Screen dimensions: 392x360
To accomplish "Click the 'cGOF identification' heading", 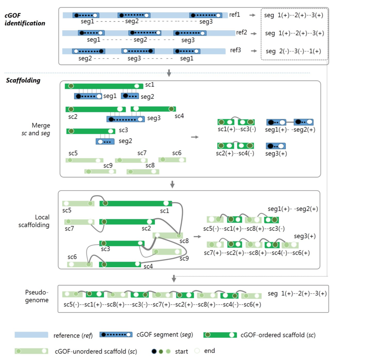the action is (25, 19).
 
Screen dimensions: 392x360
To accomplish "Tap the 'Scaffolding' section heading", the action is (23, 80).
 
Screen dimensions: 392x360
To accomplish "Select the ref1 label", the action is (235, 15).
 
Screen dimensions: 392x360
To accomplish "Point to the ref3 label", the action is (235, 50).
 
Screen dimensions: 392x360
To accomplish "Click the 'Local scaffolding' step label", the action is (34, 221).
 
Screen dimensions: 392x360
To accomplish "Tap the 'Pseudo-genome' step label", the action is (37, 296).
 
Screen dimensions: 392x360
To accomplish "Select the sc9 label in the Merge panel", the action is (108, 165).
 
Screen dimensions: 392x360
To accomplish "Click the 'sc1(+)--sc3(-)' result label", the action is (237, 129).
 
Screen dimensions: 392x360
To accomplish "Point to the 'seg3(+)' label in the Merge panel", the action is (276, 153).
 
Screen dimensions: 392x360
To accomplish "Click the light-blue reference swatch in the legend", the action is (31, 335).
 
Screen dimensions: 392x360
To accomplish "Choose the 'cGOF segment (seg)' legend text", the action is (165, 335).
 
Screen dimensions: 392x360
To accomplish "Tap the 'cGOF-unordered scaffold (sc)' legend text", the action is (96, 352).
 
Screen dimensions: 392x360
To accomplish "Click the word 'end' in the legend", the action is (209, 351).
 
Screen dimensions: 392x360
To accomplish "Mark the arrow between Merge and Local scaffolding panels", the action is (172, 184).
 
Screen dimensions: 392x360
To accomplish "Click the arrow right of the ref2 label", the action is (254, 34).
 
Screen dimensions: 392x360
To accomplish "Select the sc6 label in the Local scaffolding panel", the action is (72, 257).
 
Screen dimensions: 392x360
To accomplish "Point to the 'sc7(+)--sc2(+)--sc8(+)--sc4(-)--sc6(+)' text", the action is (257, 253).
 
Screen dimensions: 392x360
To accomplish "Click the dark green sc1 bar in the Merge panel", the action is (104, 86).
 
